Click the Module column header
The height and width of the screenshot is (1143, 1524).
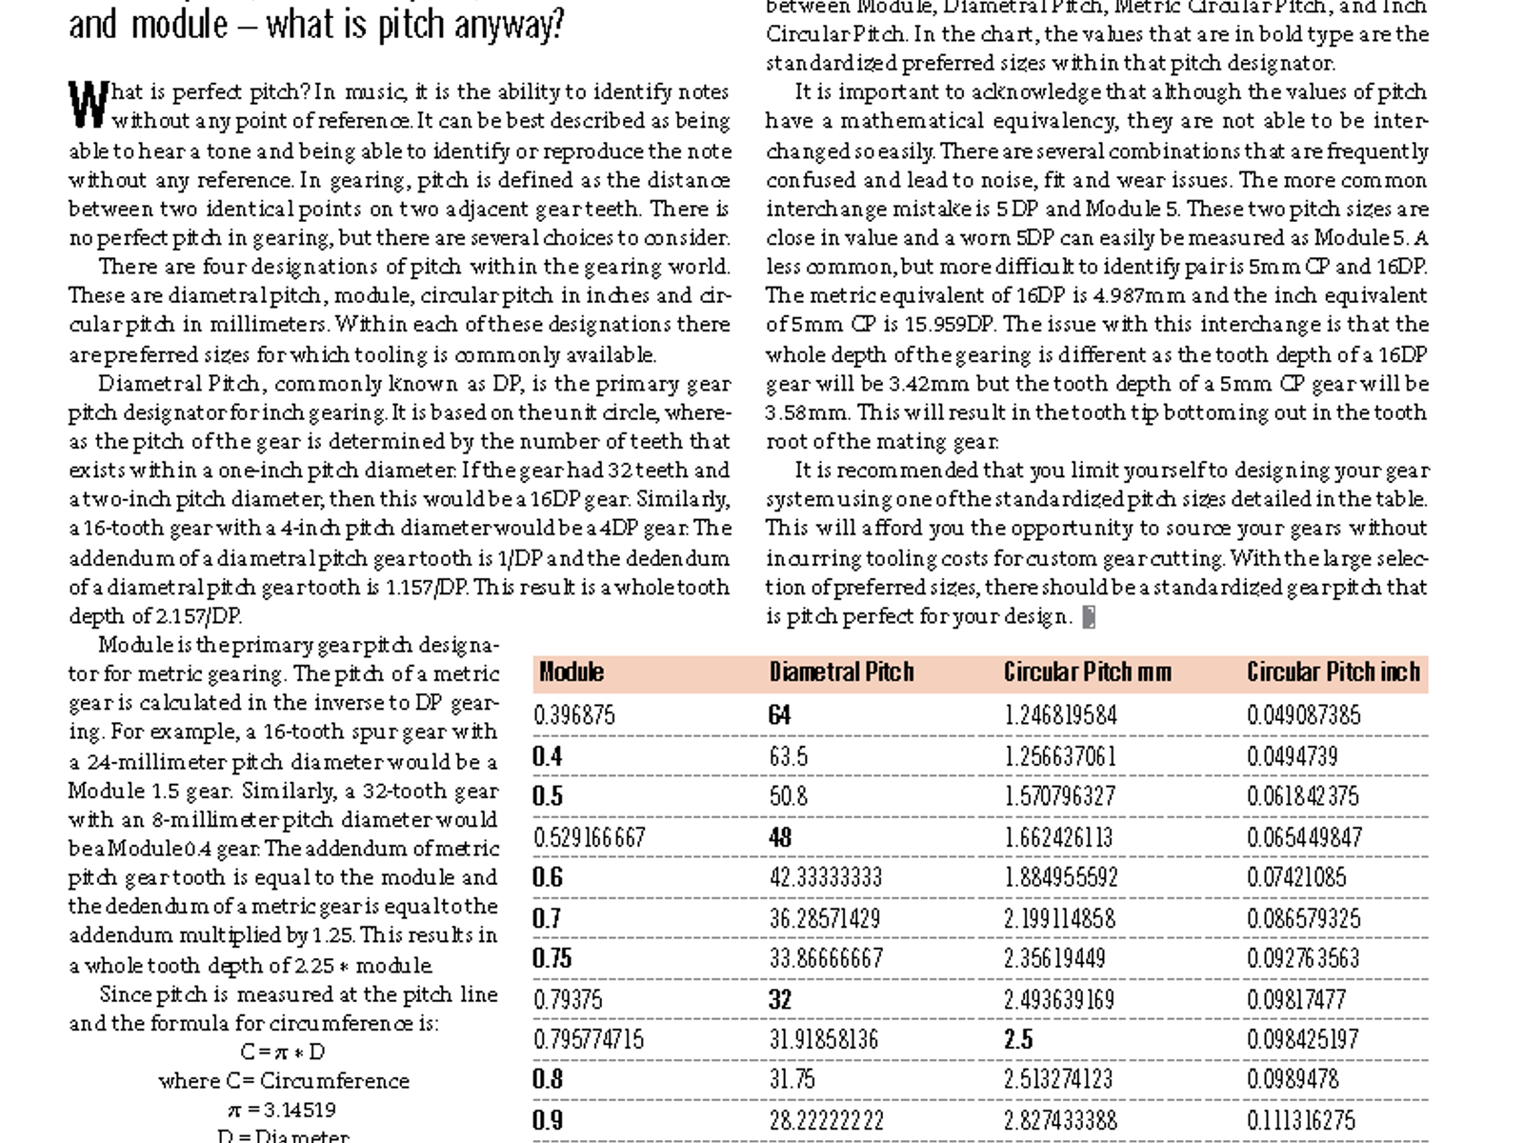click(x=571, y=672)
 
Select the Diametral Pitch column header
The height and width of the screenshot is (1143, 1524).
click(x=841, y=672)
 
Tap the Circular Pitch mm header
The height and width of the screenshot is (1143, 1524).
click(x=1088, y=672)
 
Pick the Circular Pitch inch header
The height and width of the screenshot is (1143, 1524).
click(x=1333, y=672)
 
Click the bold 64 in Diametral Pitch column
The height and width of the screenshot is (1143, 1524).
click(x=779, y=715)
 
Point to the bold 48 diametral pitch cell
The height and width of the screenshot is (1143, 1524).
click(x=780, y=837)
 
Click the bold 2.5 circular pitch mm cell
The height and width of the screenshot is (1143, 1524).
click(x=1018, y=1039)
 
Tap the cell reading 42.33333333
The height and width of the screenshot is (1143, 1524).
click(x=826, y=877)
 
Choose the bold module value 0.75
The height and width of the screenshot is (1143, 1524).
click(x=552, y=958)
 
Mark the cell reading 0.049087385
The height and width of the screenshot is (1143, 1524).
click(x=1304, y=715)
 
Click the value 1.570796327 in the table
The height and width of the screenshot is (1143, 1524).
click(x=1060, y=796)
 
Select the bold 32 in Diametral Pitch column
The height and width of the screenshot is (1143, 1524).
click(x=780, y=999)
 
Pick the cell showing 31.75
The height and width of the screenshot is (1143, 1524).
click(x=792, y=1079)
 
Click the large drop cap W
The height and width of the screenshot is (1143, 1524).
click(x=88, y=105)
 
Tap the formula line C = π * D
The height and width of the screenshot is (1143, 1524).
click(x=283, y=1053)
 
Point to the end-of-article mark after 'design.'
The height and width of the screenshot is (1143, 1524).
click(x=1089, y=617)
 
